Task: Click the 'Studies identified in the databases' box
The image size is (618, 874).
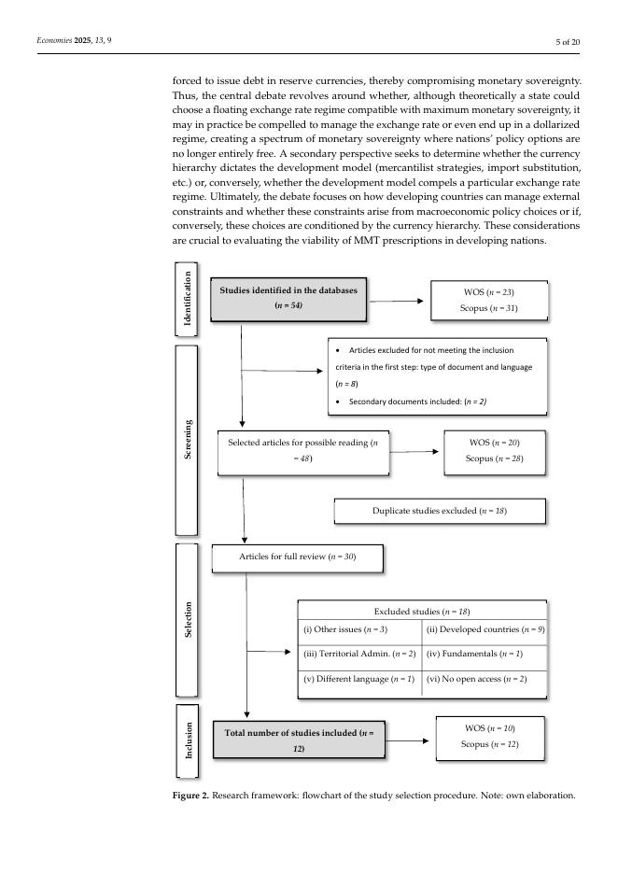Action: [288, 298]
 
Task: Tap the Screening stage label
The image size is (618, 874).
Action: [188, 439]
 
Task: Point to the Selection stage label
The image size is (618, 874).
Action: [188, 619]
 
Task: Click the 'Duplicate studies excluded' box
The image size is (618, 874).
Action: [439, 512]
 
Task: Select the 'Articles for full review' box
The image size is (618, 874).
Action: [297, 557]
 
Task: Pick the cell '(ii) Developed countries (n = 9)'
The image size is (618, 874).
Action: [485, 630]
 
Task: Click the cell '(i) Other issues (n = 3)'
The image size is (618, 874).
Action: [359, 630]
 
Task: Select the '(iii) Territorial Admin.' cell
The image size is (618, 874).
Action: [359, 655]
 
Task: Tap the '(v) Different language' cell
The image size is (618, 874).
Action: [359, 679]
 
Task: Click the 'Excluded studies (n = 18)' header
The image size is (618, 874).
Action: [421, 611]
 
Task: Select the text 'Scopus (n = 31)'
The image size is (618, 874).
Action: [489, 307]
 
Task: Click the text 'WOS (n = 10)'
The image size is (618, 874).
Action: [490, 727]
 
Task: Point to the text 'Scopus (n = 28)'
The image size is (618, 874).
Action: [495, 458]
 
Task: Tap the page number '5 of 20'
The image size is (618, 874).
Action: [568, 42]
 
